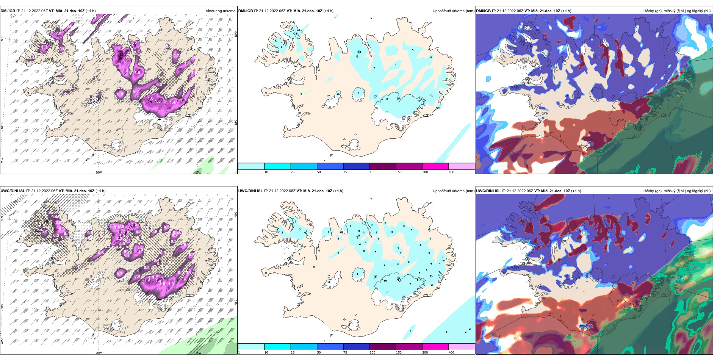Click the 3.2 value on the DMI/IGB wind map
[x=126, y=53]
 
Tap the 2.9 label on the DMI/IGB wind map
[x=135, y=45]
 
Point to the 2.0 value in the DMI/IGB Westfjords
[x=58, y=34]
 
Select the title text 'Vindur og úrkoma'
[x=220, y=11]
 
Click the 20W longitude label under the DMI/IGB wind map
[x=99, y=172]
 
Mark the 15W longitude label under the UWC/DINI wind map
[x=198, y=353]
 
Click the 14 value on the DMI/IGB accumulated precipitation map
[x=359, y=52]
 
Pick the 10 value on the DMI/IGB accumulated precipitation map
[x=419, y=100]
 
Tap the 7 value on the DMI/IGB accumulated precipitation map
[x=374, y=68]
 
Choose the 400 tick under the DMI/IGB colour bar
[x=451, y=172]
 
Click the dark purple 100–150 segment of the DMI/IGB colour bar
[x=383, y=166]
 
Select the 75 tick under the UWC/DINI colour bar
[x=345, y=352]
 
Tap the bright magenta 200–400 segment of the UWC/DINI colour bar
[x=435, y=347]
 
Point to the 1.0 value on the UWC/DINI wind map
[x=162, y=284]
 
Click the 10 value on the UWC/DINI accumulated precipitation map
[x=385, y=281]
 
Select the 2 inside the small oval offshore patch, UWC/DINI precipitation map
[x=411, y=332]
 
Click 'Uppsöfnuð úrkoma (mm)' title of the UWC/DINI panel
[x=453, y=191]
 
